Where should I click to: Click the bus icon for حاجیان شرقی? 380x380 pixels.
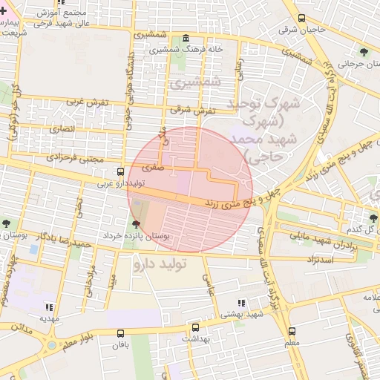301,19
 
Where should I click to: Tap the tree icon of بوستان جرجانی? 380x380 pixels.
363,51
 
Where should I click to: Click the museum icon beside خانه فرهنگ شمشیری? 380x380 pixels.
185,39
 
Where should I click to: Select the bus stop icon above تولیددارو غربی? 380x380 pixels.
121,171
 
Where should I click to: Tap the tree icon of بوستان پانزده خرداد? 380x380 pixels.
135,223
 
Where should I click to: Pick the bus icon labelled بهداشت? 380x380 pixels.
195,327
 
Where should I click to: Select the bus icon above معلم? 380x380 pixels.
292,332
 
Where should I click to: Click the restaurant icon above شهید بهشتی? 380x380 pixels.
240,303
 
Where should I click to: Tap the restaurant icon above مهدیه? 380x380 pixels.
49,307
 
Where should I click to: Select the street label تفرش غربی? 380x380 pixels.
82,101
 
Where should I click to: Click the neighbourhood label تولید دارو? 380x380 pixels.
160,262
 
